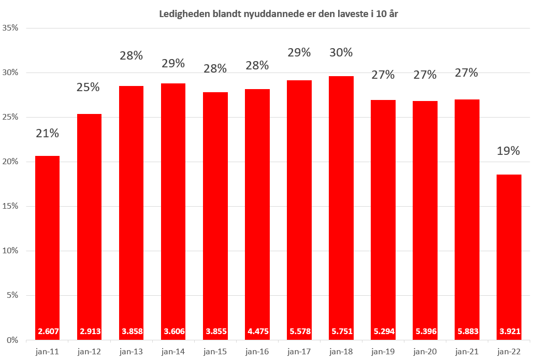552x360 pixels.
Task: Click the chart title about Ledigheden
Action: pyautogui.click(x=278, y=14)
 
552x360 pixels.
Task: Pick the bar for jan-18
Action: pyautogui.click(x=341, y=207)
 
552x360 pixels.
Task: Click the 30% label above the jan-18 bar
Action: pyautogui.click(x=341, y=52)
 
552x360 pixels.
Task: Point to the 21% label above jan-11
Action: pyautogui.click(x=47, y=133)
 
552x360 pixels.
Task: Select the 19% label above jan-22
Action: pyautogui.click(x=509, y=151)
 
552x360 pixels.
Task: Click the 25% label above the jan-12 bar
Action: pyautogui.click(x=89, y=87)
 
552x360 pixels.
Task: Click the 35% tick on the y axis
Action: pyautogui.click(x=11, y=28)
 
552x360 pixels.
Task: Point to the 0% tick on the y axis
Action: pyautogui.click(x=13, y=340)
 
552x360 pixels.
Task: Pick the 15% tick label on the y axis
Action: pyautogui.click(x=11, y=206)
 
